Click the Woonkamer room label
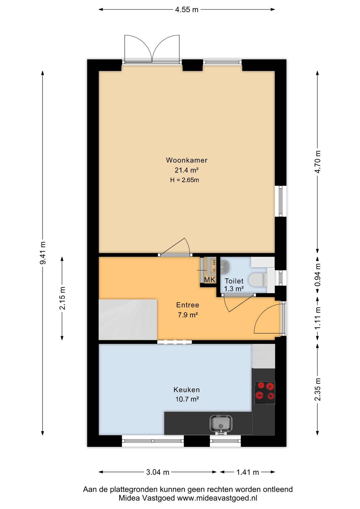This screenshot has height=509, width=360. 187,160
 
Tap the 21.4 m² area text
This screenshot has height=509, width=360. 187,170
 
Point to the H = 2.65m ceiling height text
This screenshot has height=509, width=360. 185,180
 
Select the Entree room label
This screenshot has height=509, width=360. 188,305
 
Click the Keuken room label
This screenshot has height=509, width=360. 187,390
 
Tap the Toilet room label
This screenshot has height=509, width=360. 234,281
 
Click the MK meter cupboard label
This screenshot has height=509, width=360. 210,280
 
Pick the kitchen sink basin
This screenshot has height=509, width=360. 221,424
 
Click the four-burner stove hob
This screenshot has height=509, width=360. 265,393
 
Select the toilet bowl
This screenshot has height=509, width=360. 258,280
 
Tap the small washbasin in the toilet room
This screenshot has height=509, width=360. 225,267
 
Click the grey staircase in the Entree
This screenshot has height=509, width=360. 128,319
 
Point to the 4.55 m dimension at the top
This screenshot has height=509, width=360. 187,10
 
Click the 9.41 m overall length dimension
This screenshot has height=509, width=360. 42,253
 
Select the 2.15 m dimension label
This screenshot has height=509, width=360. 62,298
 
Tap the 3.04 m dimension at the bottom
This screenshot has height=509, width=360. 158,472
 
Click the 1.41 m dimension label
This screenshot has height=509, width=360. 248,472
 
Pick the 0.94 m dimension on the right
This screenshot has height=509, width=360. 318,275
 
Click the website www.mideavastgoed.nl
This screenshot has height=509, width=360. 217,498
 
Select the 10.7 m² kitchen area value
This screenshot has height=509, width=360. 187,399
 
